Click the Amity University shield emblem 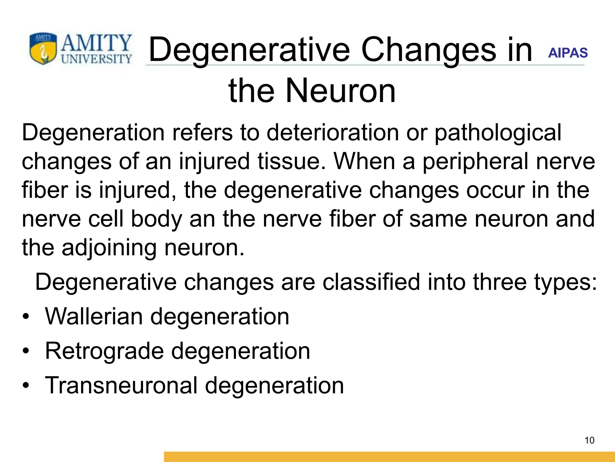click(x=43, y=49)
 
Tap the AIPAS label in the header click(x=568, y=53)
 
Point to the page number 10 click(x=589, y=440)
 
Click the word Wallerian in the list click(x=94, y=316)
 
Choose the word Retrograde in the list click(x=104, y=351)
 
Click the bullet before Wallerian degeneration click(x=26, y=317)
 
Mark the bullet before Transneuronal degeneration click(x=26, y=386)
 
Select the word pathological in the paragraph click(x=498, y=133)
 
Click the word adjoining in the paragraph click(x=109, y=248)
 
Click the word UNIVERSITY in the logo click(x=96, y=59)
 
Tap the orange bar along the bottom click(x=389, y=457)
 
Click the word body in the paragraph click(x=156, y=219)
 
